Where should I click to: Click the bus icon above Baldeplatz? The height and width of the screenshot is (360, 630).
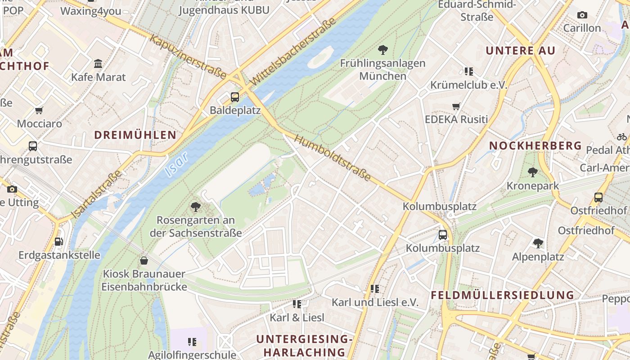point(234,97)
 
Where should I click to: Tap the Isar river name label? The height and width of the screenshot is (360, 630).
point(176,163)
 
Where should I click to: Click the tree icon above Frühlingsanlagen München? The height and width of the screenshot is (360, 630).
point(383,49)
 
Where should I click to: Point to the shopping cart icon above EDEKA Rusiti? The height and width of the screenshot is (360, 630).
point(456,107)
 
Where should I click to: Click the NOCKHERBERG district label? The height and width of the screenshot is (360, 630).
point(535,146)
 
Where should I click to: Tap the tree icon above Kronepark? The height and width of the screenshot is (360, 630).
point(533,172)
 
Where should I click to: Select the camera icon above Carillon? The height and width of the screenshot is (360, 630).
point(582,15)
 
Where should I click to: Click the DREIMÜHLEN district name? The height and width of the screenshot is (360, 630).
point(135,135)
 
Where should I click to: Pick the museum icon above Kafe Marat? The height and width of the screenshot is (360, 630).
point(98,63)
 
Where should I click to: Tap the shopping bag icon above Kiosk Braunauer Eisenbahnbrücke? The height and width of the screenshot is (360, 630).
point(144,260)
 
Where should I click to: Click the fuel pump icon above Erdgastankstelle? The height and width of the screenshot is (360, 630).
point(58,242)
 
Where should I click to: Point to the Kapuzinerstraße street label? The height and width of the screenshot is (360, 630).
point(187,57)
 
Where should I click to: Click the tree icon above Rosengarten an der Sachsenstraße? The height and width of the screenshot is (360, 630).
point(195,207)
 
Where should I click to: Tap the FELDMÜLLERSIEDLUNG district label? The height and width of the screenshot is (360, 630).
point(502,295)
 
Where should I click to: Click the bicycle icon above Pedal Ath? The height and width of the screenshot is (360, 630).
point(621,137)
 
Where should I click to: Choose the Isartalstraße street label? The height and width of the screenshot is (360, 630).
point(96,194)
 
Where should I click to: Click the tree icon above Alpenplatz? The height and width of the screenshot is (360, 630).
point(538,243)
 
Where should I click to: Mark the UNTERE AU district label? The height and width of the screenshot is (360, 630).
point(520,50)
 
